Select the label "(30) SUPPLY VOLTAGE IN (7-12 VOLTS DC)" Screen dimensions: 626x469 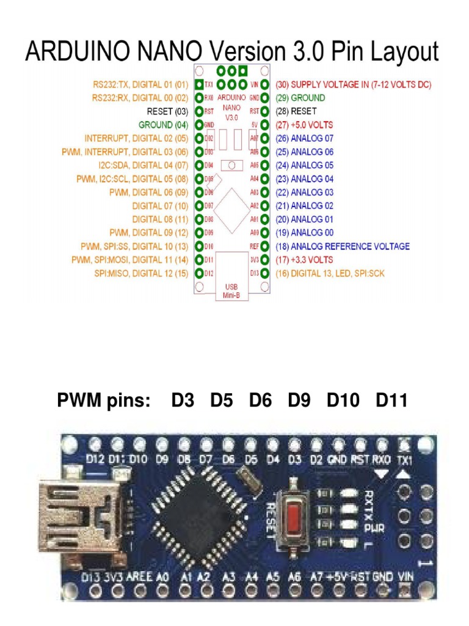click(x=354, y=84)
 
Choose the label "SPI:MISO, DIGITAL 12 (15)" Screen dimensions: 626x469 click(x=141, y=273)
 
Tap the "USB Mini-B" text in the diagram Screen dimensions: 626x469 click(x=231, y=290)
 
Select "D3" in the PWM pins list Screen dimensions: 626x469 click(x=183, y=401)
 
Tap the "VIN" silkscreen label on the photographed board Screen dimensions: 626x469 click(x=405, y=576)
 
